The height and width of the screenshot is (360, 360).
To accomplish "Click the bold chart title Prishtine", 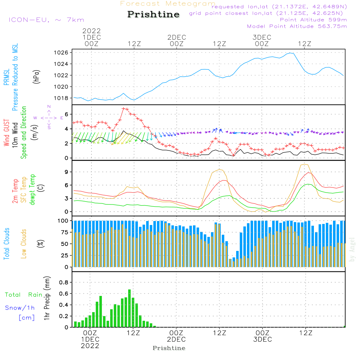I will point(153,14).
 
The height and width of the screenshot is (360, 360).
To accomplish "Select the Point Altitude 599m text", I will point(313,19).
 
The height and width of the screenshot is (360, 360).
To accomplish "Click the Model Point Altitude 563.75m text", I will point(297,26).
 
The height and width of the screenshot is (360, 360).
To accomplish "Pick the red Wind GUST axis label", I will point(6,133).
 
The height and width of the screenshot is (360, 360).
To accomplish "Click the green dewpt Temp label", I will point(33,190).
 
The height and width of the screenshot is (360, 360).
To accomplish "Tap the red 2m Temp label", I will point(15,191).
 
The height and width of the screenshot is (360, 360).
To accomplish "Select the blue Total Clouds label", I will point(6,244).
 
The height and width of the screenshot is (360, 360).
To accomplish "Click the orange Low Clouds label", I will point(24,244).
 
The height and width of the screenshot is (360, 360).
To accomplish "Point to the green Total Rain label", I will point(23,295).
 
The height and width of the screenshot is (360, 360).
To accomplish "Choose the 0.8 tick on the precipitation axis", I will point(64,282).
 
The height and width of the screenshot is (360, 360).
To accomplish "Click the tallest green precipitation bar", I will point(130,308).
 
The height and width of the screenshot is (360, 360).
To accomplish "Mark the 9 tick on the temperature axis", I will point(66,172).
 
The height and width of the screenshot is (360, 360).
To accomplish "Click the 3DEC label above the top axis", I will point(262,37).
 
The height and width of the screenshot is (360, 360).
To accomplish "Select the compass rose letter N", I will point(49,107).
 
